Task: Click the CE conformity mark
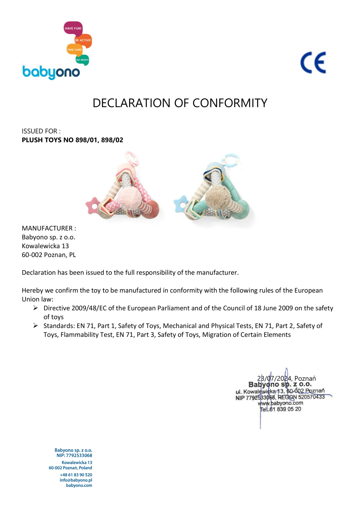pos(313,63)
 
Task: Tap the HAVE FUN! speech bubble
pos(73,28)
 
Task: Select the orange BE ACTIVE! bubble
pos(83,40)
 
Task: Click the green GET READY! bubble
pos(82,60)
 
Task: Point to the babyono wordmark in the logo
pos(51,72)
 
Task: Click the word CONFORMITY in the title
pos(230,103)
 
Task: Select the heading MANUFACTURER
pos(47,228)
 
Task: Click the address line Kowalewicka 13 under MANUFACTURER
pos(45,246)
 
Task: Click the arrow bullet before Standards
pos(36,325)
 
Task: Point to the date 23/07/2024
pos(274,378)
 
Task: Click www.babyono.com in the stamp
pos(280,403)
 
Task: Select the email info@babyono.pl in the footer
pos(76,480)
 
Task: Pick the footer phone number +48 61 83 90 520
pos(76,475)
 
